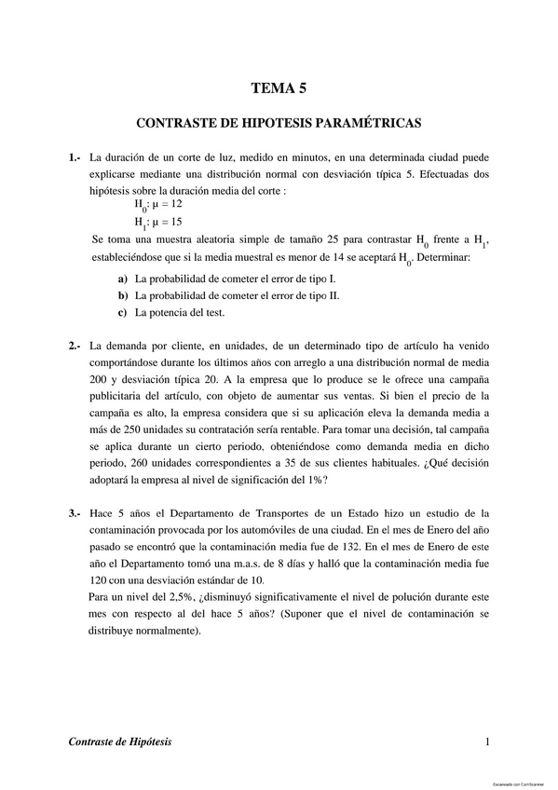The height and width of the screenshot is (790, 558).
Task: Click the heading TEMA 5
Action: click(x=279, y=89)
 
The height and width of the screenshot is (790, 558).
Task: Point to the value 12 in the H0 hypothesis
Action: click(x=177, y=203)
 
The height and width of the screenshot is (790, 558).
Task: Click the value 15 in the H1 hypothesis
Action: click(x=177, y=222)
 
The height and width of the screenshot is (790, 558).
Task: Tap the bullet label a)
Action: click(x=123, y=279)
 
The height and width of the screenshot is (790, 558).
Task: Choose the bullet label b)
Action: click(x=123, y=295)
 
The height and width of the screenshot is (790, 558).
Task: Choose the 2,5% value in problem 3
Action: click(x=174, y=597)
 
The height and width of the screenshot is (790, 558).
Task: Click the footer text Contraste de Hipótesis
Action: click(x=120, y=742)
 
